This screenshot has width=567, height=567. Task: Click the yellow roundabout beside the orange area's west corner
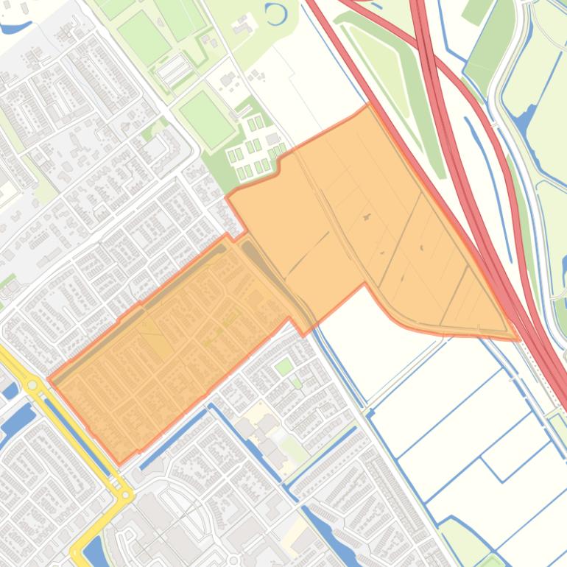pyautogui.click(x=32, y=384)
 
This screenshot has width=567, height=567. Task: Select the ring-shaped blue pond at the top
pyautogui.click(x=275, y=13)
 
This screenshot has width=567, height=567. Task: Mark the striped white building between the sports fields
pyautogui.click(x=173, y=70)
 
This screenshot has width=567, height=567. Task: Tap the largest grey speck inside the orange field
pyautogui.click(x=367, y=217)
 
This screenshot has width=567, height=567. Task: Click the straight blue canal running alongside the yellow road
pyautogui.click(x=74, y=434)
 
